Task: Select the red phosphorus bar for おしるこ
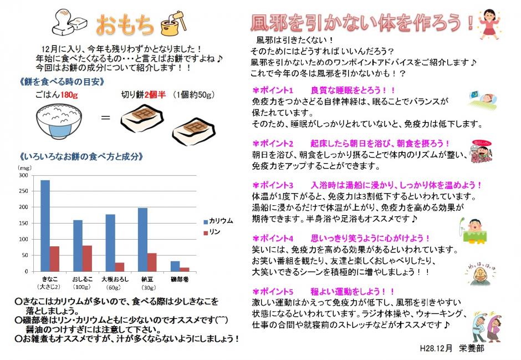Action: (x=86, y=258)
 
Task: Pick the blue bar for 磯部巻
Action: (x=175, y=266)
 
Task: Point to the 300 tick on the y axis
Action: (x=23, y=175)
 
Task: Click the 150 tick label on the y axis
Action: (x=23, y=223)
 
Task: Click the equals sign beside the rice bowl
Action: (x=106, y=118)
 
